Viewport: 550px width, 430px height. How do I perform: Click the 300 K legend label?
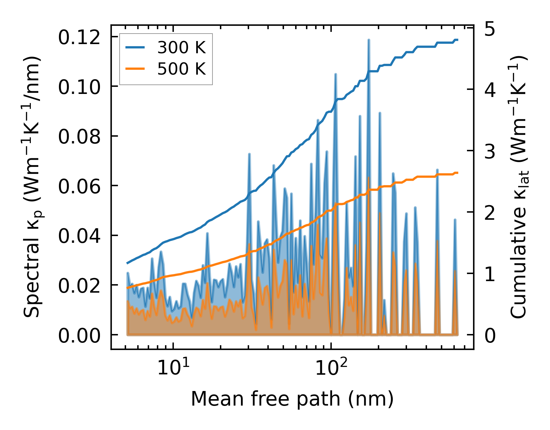point(181,48)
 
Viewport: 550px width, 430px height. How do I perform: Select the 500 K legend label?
point(181,69)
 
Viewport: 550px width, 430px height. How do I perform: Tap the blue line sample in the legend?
point(135,48)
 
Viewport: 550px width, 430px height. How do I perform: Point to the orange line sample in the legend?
point(135,69)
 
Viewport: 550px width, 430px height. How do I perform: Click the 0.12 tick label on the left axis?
point(79,37)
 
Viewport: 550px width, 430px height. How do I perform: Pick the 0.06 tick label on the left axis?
point(79,187)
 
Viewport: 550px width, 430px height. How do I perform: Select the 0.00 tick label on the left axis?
point(79,336)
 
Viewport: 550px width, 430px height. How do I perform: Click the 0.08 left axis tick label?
point(79,137)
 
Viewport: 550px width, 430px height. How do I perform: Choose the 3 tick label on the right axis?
point(489,152)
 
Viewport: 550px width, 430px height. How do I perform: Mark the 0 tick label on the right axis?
point(489,336)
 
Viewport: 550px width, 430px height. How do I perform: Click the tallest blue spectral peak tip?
point(368,40)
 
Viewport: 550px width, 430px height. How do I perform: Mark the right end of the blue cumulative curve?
point(457,40)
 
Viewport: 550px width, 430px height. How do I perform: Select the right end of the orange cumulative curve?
point(457,173)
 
